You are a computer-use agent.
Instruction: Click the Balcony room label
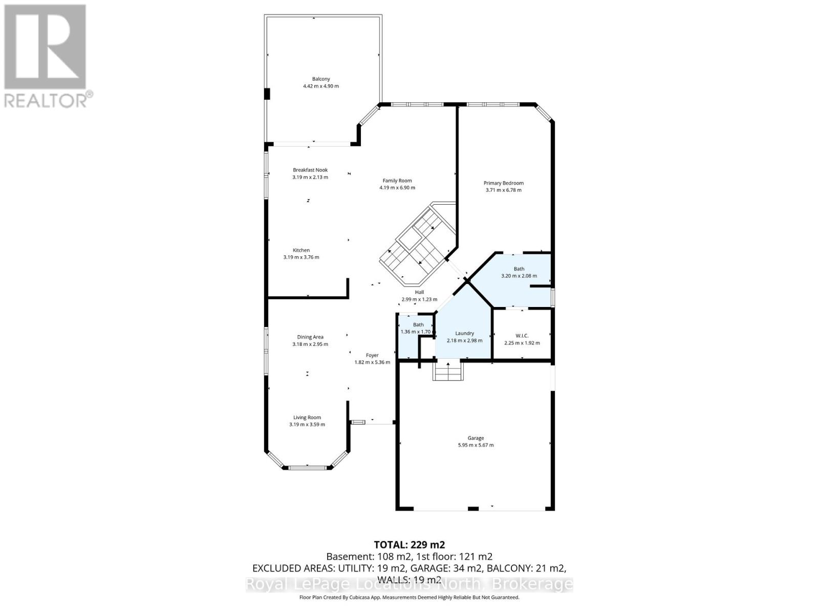pos(321,79)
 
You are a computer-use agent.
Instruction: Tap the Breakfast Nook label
pos(310,170)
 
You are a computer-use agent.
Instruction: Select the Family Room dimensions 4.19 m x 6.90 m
pos(397,188)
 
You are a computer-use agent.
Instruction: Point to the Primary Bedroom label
pos(504,183)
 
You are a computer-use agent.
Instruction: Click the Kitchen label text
pos(301,250)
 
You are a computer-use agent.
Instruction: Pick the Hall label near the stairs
pos(419,292)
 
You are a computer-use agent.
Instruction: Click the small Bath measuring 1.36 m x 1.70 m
pos(418,328)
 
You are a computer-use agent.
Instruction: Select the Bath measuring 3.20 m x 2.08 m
pos(519,272)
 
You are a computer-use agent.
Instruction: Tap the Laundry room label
pos(464,333)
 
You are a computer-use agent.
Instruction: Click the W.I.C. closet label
pos(522,336)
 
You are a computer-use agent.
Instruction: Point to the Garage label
pos(476,438)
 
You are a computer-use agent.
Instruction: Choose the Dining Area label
pos(310,337)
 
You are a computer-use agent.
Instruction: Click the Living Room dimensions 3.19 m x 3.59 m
pos(307,424)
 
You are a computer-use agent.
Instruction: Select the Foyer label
pos(372,355)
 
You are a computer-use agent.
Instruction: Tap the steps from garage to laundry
pos(448,370)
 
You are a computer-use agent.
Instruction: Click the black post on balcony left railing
pos(267,94)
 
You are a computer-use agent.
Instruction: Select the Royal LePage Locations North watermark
pos(409,584)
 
